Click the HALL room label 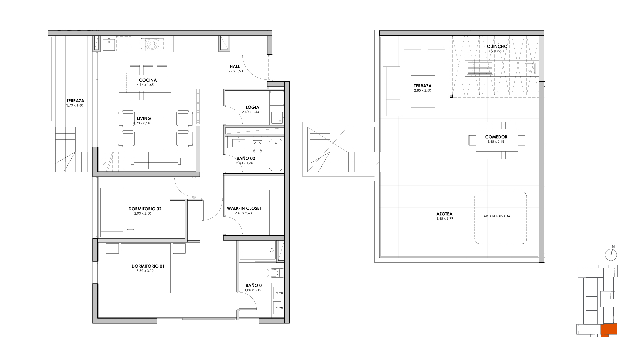235,66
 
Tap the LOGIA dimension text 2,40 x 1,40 250,112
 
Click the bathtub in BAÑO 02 275,155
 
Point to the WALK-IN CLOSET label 244,208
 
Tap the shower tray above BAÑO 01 258,250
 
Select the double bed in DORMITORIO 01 146,268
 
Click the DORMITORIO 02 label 145,209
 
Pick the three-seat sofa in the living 155,160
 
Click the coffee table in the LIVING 156,129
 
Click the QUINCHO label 497,47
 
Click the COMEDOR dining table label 496,137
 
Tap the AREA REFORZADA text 497,216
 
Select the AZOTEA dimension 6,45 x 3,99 445,219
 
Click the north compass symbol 611,254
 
